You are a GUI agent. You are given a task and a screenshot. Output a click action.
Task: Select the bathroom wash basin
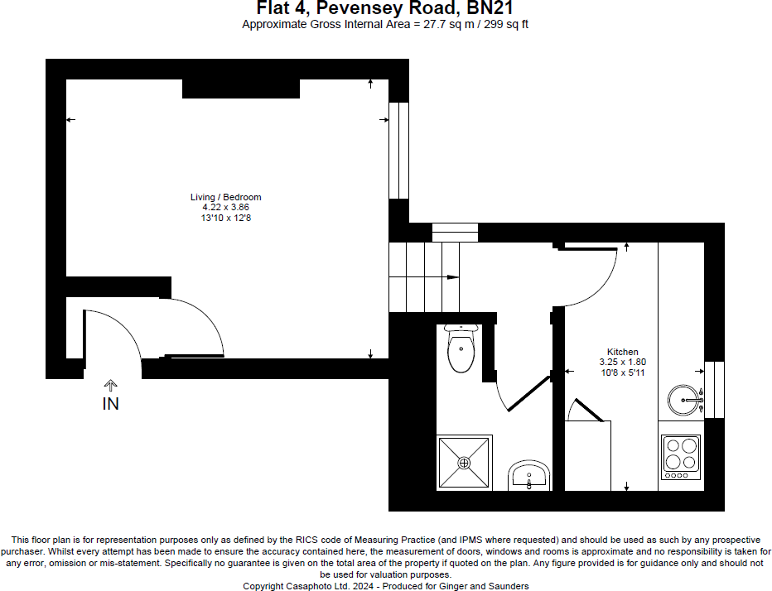(x=528, y=476)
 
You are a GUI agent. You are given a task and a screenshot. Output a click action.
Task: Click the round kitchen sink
(x=685, y=400)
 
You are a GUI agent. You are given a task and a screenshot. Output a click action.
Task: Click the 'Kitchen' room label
(x=622, y=352)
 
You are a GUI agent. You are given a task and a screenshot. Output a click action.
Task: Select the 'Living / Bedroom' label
(x=226, y=197)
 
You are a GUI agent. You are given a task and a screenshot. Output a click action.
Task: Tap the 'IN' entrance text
(x=110, y=404)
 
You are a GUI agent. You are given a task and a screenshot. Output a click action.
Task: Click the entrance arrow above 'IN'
(x=110, y=385)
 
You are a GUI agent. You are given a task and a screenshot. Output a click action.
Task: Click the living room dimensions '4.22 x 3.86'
(x=226, y=207)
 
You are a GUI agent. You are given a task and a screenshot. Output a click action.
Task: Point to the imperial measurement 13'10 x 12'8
(x=226, y=217)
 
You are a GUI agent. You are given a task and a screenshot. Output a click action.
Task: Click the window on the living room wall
(x=398, y=149)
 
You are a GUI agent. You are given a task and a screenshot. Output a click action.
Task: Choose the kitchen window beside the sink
(x=714, y=389)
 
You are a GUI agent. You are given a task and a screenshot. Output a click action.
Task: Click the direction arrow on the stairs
(x=452, y=276)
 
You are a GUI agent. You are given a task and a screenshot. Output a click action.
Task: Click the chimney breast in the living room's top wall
(x=240, y=89)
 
